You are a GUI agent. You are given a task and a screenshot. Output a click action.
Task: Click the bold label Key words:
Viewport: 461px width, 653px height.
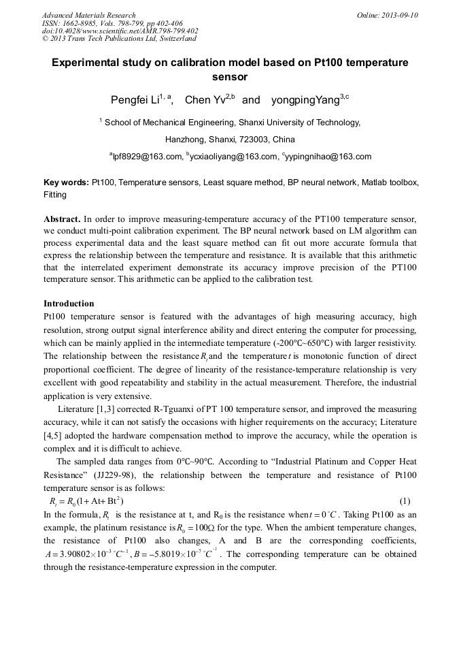tap(66, 183)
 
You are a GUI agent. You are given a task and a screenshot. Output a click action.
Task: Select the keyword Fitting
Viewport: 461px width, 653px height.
tap(55, 195)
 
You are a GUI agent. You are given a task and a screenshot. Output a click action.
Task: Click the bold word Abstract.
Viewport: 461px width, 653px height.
tap(62, 219)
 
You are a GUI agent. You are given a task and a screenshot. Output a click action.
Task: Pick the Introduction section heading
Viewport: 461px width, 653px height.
tap(69, 303)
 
